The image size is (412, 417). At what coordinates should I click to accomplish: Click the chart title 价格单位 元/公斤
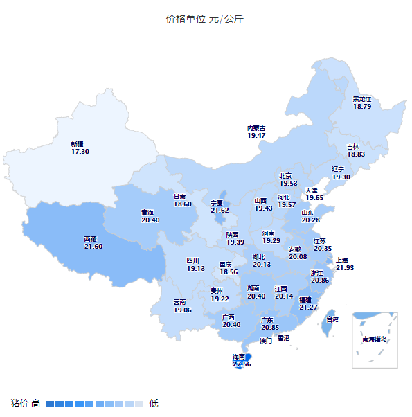click(x=205, y=19)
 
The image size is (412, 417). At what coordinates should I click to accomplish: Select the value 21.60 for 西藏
click(x=93, y=246)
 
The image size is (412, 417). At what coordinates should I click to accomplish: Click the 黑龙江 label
click(x=362, y=99)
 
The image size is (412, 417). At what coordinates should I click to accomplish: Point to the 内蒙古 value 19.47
click(x=256, y=136)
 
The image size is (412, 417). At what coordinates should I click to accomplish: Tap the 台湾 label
click(x=333, y=319)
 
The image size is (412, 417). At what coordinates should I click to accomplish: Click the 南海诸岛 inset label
click(x=375, y=339)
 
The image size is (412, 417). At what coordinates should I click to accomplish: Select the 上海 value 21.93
click(x=345, y=267)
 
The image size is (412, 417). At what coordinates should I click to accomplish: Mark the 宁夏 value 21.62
click(x=220, y=211)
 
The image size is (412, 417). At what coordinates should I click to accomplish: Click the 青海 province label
click(x=147, y=213)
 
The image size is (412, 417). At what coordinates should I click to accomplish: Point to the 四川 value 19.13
click(x=196, y=268)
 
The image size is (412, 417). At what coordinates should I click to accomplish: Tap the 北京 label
click(x=286, y=176)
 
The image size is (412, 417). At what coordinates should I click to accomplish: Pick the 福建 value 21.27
click(x=308, y=307)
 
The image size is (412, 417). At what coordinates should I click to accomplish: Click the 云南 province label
click(x=180, y=302)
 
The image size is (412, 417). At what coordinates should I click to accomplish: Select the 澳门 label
click(x=266, y=341)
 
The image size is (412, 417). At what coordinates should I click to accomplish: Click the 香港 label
click(x=283, y=338)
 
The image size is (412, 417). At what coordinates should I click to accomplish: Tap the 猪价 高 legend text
click(x=26, y=403)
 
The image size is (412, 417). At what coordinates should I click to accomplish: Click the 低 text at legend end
click(x=154, y=403)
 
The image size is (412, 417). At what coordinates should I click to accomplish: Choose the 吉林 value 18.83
click(x=356, y=154)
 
